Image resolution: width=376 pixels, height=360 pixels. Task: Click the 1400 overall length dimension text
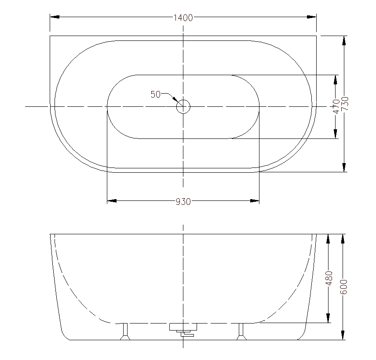(183, 18)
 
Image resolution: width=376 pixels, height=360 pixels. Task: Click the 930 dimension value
(183, 202)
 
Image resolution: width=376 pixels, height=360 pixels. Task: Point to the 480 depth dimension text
(328, 278)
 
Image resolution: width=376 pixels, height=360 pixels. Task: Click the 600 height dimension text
(344, 287)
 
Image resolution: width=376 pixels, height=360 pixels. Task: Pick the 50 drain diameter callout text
(155, 94)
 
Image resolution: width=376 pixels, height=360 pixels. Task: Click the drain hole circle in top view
(183, 106)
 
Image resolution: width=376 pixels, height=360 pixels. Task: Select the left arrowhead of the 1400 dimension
(55, 17)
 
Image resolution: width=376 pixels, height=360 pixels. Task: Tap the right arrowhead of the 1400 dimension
(312, 17)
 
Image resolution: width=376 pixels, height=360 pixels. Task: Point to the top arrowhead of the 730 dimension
(344, 40)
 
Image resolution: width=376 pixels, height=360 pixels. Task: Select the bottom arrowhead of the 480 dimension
(328, 318)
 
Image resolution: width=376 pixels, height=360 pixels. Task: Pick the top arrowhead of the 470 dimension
(336, 80)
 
